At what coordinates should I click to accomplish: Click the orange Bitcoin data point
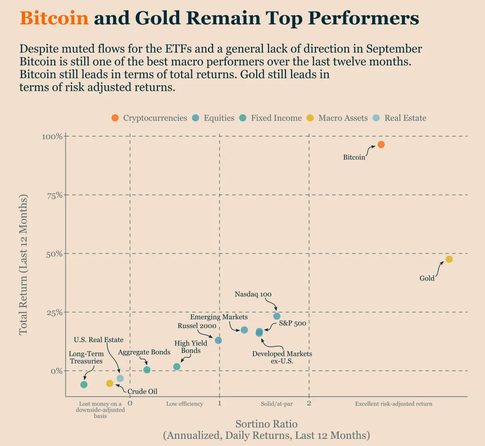coord(381,145)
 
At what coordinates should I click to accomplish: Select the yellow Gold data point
coord(449,259)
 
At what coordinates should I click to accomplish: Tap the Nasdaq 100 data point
coord(277,316)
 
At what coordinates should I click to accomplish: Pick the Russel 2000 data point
coord(218,340)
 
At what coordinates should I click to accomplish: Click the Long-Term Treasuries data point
coord(84,385)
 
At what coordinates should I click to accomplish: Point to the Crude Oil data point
coord(110,383)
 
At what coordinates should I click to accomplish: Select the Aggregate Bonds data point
coord(147,370)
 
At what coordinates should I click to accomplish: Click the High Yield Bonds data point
coord(177,367)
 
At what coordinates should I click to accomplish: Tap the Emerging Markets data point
coord(244,330)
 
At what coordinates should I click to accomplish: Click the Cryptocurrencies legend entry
coord(149,118)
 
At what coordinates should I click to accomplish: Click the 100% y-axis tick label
coord(53,137)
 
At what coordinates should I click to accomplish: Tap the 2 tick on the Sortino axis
coord(309,403)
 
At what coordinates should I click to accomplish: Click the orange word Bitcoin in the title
coord(54,18)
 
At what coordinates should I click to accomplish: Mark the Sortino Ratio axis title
coord(266,424)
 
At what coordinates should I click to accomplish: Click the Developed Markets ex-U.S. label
coord(282,357)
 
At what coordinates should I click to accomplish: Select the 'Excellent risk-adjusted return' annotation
coord(394,404)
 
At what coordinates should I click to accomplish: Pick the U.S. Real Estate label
coord(99,340)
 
